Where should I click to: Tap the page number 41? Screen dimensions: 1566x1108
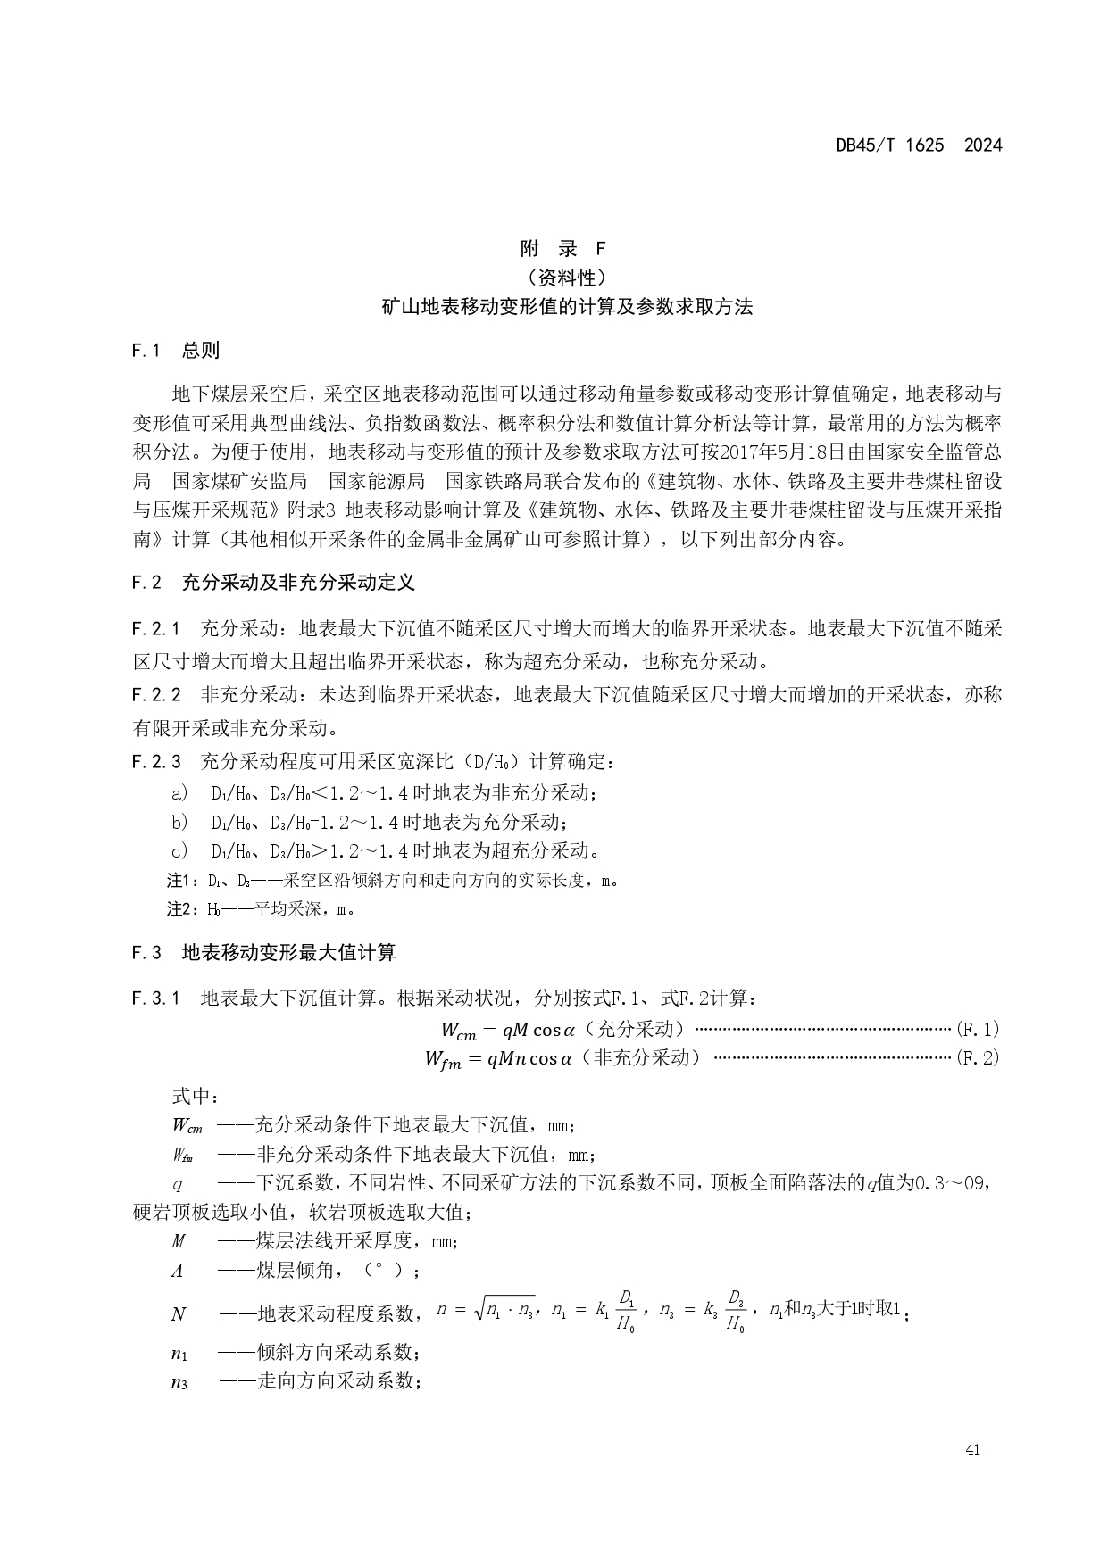pyautogui.click(x=972, y=1450)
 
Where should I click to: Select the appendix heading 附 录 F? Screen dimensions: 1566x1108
pyautogui.click(x=562, y=249)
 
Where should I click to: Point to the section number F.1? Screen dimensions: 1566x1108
pyautogui.click(x=145, y=351)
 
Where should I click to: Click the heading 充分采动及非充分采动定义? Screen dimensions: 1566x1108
pyautogui.click(x=298, y=584)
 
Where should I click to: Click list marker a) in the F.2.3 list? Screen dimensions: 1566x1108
pyautogui.click(x=179, y=792)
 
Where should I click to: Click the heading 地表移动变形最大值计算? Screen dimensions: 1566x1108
pyautogui.click(x=288, y=953)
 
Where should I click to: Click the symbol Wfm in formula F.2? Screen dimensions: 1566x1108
pyautogui.click(x=443, y=1060)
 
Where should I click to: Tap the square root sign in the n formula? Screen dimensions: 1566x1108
pyautogui.click(x=480, y=1309)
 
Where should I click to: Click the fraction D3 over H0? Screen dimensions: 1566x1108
pyautogui.click(x=736, y=1311)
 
